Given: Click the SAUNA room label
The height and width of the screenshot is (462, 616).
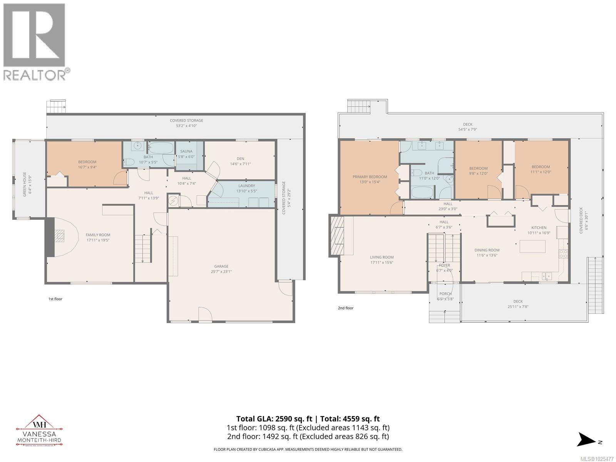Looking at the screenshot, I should pyautogui.click(x=186, y=151).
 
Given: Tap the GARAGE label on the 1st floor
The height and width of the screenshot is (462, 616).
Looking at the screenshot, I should pyautogui.click(x=221, y=266).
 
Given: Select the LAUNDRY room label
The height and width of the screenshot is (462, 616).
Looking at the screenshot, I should pyautogui.click(x=246, y=186).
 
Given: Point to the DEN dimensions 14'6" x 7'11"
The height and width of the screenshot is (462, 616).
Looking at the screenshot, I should pyautogui.click(x=240, y=164).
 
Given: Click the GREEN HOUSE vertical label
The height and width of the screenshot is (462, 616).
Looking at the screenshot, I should pyautogui.click(x=25, y=184).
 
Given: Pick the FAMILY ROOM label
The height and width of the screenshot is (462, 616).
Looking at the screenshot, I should pyautogui.click(x=98, y=235).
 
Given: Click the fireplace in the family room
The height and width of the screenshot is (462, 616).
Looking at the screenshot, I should pyautogui.click(x=59, y=236).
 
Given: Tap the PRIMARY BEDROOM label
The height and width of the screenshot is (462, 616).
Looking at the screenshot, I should pyautogui.click(x=370, y=177).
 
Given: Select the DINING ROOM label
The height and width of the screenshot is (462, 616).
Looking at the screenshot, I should pyautogui.click(x=487, y=250).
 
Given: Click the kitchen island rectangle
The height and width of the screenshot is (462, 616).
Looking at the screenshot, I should pyautogui.click(x=532, y=246).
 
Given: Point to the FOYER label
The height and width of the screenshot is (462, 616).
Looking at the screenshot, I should pyautogui.click(x=444, y=265).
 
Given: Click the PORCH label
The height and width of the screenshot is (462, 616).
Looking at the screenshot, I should pyautogui.click(x=445, y=294).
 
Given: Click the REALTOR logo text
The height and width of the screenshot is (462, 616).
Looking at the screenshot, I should pyautogui.click(x=35, y=74).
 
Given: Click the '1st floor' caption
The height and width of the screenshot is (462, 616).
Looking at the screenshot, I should pyautogui.click(x=55, y=299).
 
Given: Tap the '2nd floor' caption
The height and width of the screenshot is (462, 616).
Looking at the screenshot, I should pyautogui.click(x=346, y=308).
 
